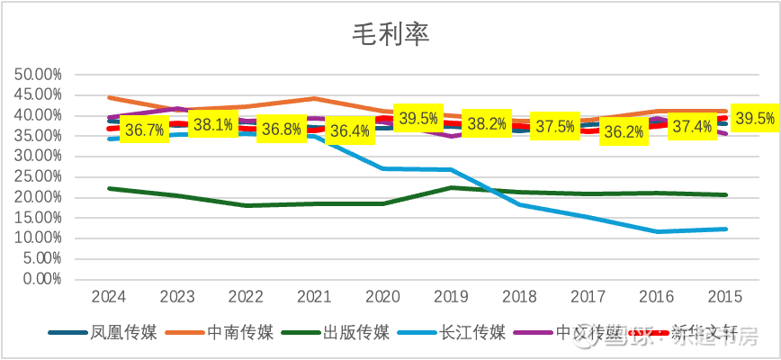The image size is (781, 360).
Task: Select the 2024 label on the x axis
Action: pyautogui.click(x=108, y=296)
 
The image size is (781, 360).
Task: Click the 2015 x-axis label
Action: pyautogui.click(x=726, y=296)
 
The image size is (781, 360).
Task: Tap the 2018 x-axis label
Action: pyautogui.click(x=520, y=296)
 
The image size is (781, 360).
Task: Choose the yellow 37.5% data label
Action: pyautogui.click(x=554, y=127)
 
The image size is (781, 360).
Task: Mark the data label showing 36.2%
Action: pyautogui.click(x=624, y=131)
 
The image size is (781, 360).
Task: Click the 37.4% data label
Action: pyautogui.click(x=693, y=126)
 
